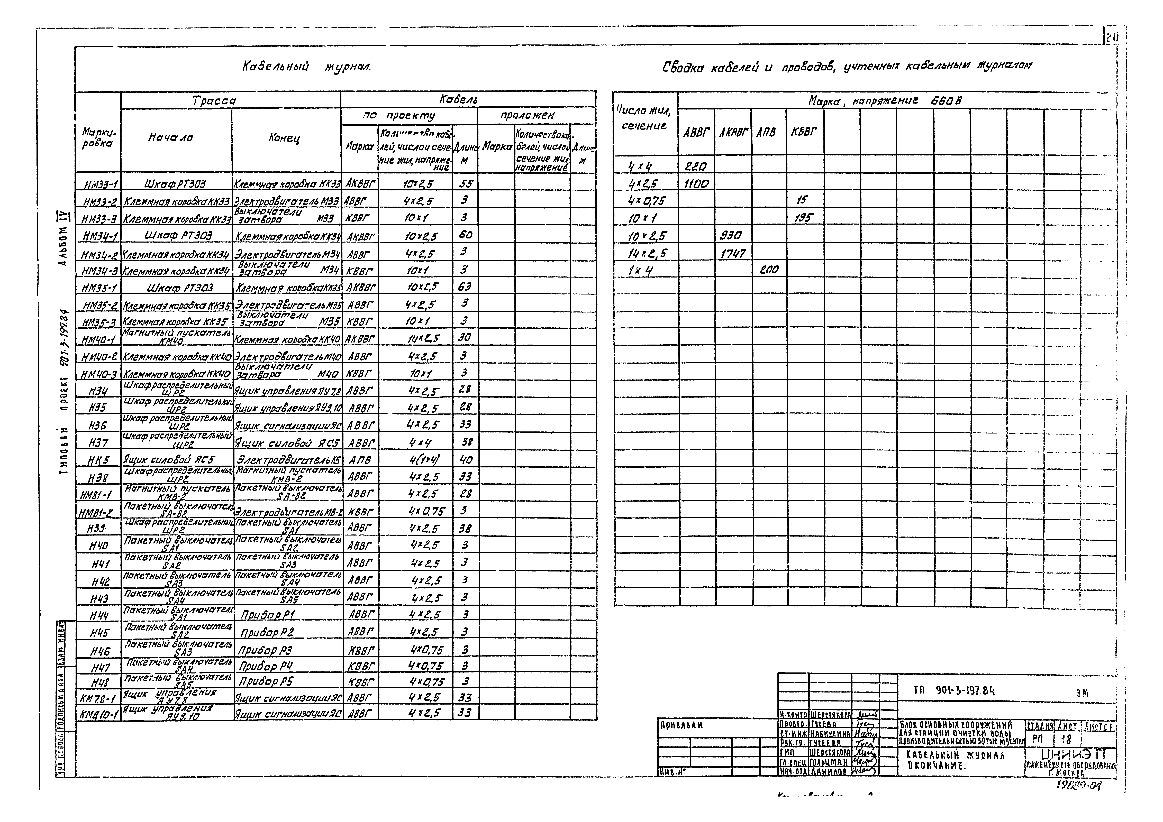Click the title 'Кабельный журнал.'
pyautogui.click(x=307, y=66)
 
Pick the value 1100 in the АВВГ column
pyautogui.click(x=696, y=184)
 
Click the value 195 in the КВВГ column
pyautogui.click(x=803, y=218)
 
